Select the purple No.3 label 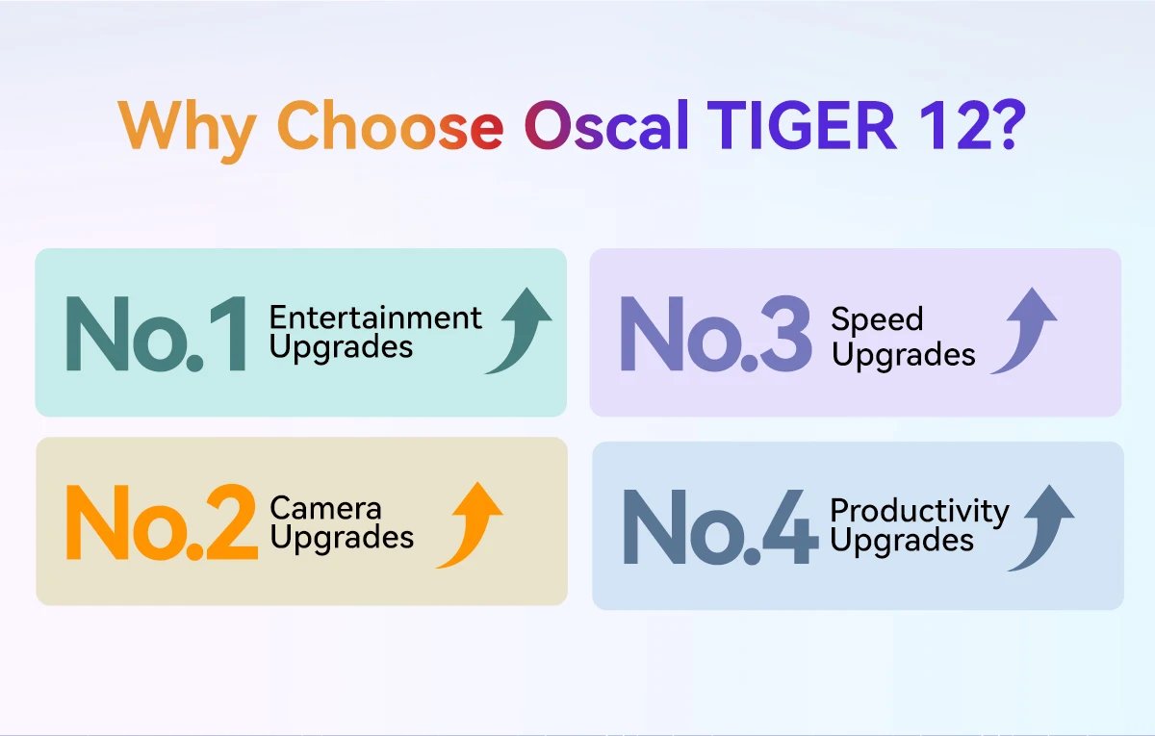[716, 334]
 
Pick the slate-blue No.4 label [719, 527]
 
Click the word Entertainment [375, 317]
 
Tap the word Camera [325, 507]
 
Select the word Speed [863, 319]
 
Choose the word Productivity [919, 511]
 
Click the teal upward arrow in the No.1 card [519, 331]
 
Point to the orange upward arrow [471, 524]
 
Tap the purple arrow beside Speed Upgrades [1025, 331]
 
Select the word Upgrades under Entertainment [341, 347]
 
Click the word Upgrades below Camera [342, 537]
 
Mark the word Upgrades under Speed [903, 355]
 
